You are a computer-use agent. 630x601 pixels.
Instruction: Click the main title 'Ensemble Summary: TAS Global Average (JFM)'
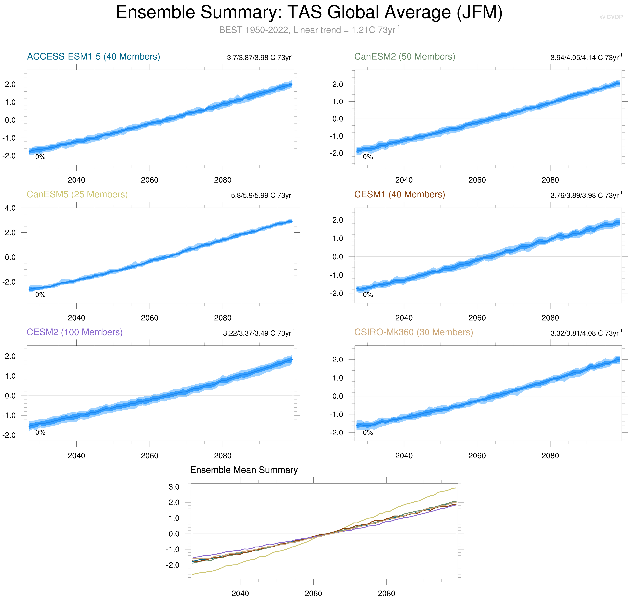(x=309, y=13)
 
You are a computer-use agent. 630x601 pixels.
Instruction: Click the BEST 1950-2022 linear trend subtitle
(x=309, y=30)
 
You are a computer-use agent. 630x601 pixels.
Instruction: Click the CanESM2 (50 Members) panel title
(x=404, y=57)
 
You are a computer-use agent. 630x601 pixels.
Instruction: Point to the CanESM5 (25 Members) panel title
(x=77, y=194)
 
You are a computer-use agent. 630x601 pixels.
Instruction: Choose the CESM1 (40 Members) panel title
(x=399, y=194)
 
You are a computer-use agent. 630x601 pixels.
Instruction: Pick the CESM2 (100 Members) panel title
(x=75, y=332)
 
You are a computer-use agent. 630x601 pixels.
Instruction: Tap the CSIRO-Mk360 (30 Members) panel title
(x=413, y=332)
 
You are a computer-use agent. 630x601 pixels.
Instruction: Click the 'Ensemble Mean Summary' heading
(x=244, y=470)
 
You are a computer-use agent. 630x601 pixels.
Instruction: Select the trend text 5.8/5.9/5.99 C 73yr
(x=262, y=195)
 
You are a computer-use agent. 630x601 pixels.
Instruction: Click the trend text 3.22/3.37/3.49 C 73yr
(x=259, y=333)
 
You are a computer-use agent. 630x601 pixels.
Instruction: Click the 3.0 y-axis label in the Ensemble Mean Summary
(x=174, y=487)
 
